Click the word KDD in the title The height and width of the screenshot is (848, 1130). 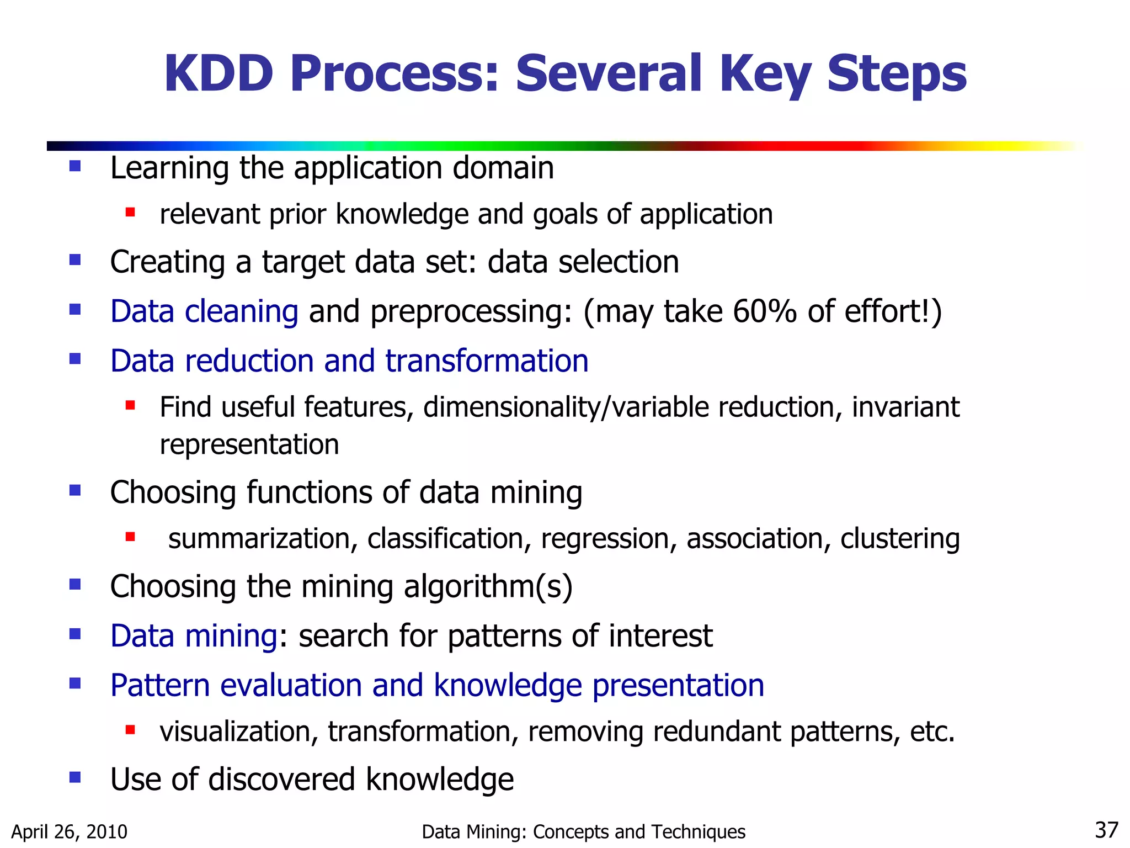218,73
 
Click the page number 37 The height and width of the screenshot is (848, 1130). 1106,830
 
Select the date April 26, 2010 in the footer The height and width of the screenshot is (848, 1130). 69,831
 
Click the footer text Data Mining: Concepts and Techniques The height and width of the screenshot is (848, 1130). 583,831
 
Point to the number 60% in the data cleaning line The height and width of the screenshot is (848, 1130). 765,311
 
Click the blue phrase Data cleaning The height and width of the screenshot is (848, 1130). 204,311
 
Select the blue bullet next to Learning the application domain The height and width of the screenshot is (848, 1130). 75,166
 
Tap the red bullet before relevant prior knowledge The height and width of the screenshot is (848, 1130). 130,213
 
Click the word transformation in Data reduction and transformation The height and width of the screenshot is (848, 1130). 487,361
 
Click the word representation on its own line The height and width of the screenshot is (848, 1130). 249,444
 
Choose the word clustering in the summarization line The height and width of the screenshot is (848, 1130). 900,539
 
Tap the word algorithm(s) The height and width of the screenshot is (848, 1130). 488,586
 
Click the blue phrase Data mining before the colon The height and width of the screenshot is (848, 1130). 194,636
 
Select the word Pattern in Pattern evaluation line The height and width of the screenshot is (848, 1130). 160,686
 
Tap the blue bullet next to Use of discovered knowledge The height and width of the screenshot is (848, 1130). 75,778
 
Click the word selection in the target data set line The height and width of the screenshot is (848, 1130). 619,262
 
